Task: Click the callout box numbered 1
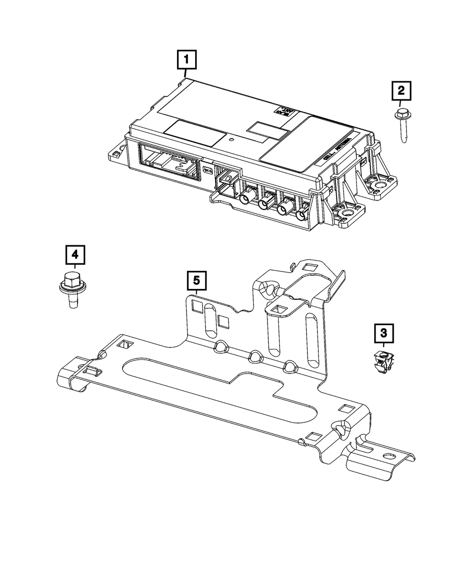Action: pos(186,61)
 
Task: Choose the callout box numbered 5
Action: pos(197,281)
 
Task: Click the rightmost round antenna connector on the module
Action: pos(300,215)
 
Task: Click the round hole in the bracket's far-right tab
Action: pos(389,455)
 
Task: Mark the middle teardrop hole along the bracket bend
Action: pos(255,355)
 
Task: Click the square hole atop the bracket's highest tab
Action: pos(310,268)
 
